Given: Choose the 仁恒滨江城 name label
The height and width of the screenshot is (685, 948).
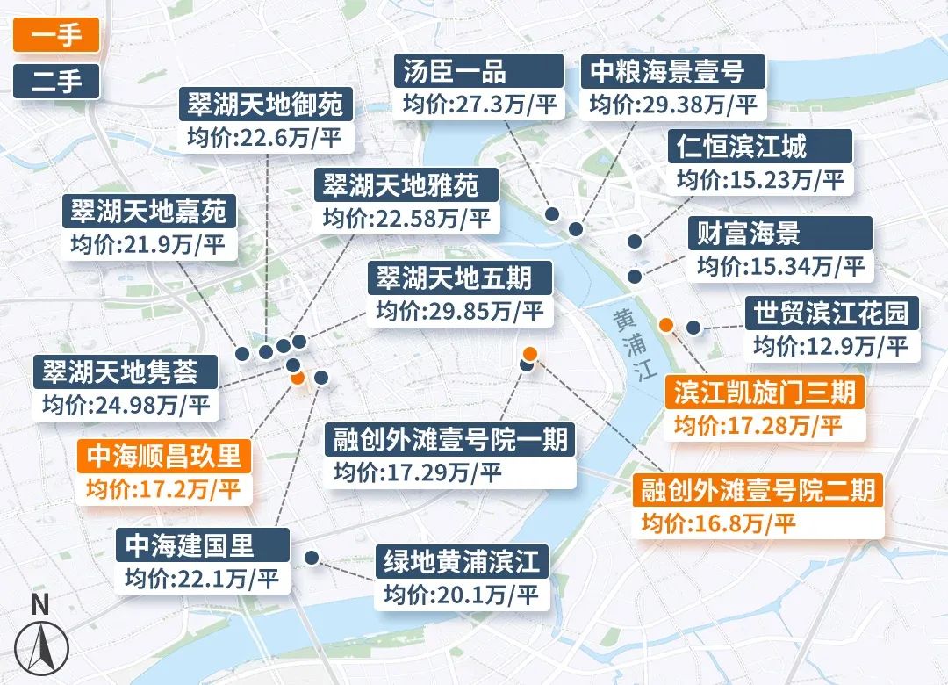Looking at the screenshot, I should click(749, 146).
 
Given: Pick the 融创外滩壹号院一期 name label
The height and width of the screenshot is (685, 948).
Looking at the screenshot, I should click(450, 439).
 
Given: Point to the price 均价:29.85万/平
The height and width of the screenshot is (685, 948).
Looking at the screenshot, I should click(461, 312).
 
